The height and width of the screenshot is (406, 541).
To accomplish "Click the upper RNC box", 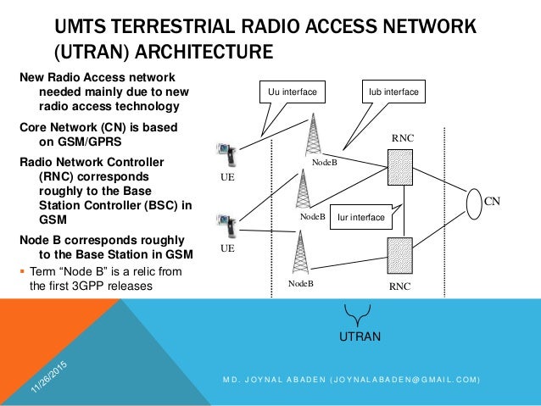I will click(399, 168).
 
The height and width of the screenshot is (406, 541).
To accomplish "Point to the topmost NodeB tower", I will click(316, 136).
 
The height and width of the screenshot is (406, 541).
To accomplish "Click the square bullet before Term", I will click(21, 270).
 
